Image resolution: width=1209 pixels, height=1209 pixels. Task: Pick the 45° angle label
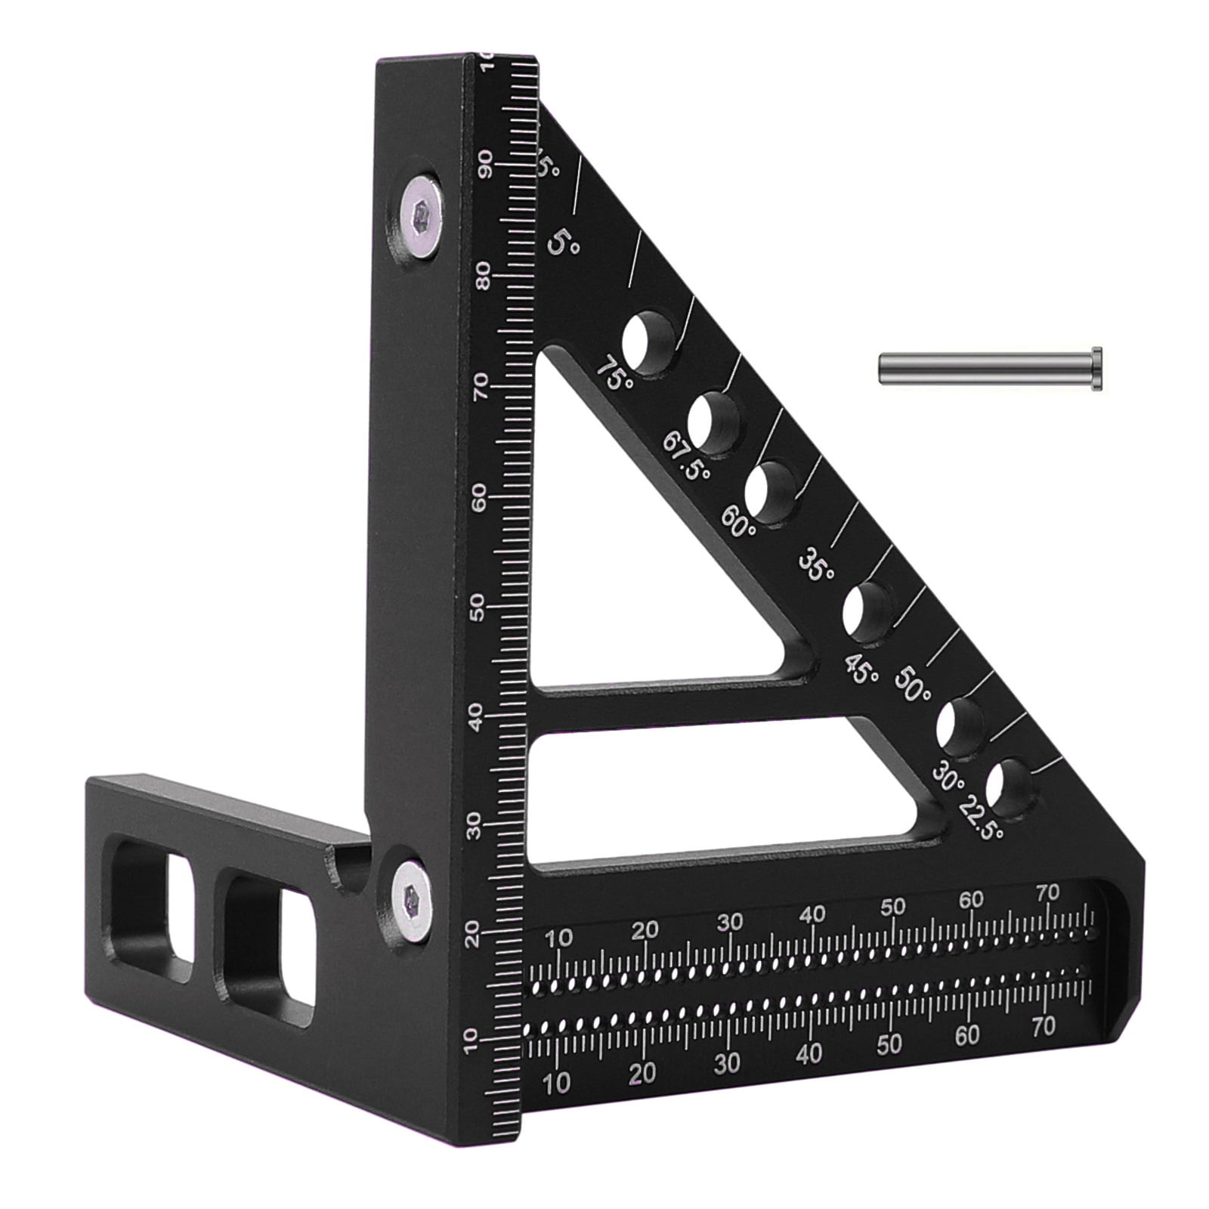coord(862,669)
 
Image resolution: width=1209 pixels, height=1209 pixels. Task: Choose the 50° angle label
coord(913,685)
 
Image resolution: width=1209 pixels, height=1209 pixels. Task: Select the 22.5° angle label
coord(981,821)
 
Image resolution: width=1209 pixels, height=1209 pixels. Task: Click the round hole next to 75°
coord(651,342)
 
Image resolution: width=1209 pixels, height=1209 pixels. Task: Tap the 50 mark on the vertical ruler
coord(478,607)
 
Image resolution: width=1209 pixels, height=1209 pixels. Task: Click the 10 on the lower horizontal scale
coord(556,1083)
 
